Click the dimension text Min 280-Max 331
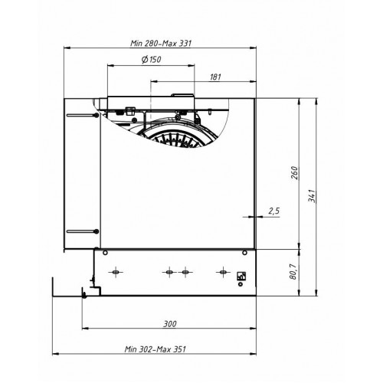159,44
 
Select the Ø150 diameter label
151,60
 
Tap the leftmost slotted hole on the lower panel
116,271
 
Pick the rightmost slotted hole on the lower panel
222,271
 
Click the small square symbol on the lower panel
242,274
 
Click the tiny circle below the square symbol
242,285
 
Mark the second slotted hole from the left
168,271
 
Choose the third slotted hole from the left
184,271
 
